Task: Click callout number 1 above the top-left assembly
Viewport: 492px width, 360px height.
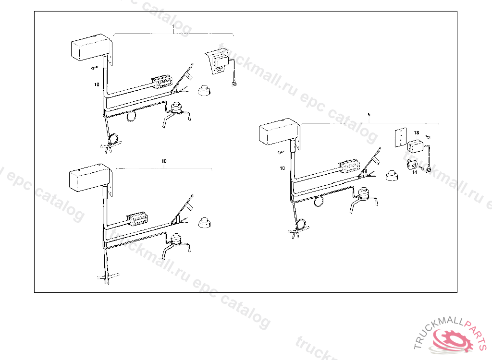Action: click(x=173, y=27)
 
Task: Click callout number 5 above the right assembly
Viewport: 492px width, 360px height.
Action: click(x=369, y=115)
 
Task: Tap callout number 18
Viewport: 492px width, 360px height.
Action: click(x=417, y=133)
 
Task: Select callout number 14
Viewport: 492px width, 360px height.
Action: click(x=415, y=172)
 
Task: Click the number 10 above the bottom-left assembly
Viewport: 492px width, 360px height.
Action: click(x=164, y=161)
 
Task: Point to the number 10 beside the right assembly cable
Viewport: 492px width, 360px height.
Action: click(x=283, y=168)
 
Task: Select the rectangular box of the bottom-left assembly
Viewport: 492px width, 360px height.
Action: click(x=89, y=178)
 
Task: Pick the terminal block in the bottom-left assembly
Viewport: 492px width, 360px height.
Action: click(x=137, y=218)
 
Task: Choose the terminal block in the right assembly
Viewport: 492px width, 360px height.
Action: click(x=349, y=166)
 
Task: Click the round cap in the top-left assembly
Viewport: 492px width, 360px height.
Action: click(x=205, y=90)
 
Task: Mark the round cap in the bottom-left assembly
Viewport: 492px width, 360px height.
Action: click(x=205, y=222)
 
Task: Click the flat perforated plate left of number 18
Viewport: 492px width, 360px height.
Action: click(x=401, y=137)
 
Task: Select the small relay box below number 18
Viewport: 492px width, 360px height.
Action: click(x=415, y=147)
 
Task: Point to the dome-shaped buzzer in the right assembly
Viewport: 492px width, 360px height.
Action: click(x=364, y=193)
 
